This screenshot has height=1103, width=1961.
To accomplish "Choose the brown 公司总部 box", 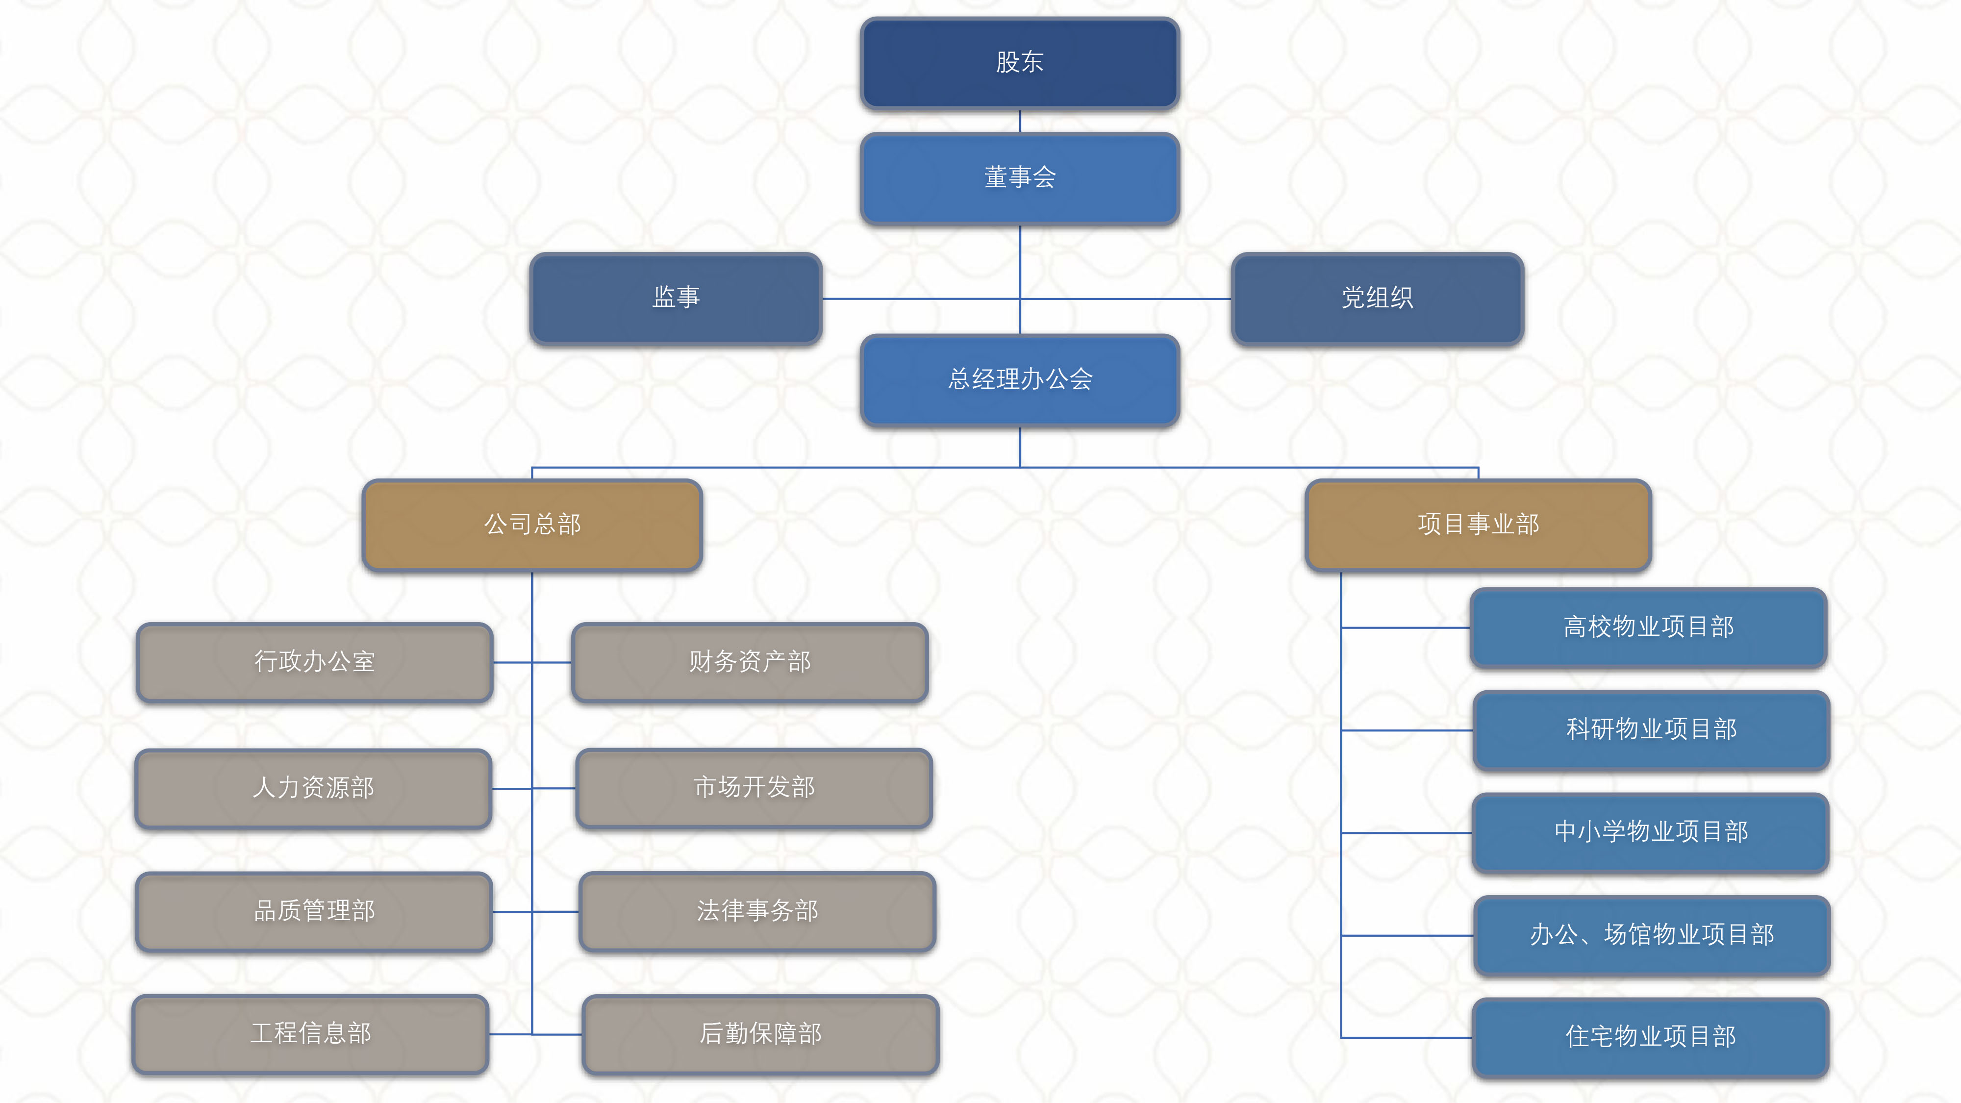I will coord(532,525).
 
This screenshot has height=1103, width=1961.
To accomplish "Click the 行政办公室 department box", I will coord(314,661).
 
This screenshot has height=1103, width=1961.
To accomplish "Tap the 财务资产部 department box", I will coord(750,661).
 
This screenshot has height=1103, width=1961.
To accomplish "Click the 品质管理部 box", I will coord(314,911).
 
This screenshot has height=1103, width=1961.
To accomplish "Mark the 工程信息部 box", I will coord(311,1034).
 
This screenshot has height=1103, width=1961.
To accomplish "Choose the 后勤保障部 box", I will coord(760,1034).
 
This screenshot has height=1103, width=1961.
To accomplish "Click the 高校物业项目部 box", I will coord(1648,627).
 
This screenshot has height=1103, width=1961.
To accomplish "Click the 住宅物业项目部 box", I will coord(1650,1037).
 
